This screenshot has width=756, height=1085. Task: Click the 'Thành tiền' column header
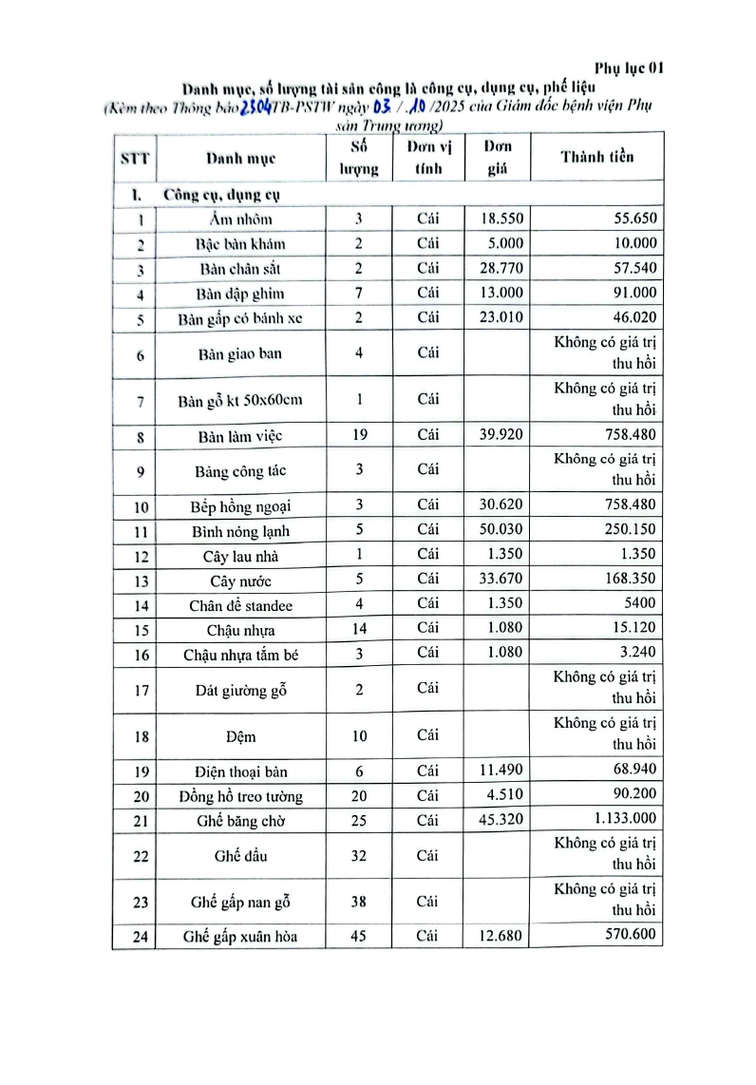596,158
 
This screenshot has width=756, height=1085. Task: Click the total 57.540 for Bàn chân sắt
630,268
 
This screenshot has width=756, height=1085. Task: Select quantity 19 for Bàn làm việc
359,436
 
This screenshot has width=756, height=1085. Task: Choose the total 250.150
630,529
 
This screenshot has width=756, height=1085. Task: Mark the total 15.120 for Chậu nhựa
633,629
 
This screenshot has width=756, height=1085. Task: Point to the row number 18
141,737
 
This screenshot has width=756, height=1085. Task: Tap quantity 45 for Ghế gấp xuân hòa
359,937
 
